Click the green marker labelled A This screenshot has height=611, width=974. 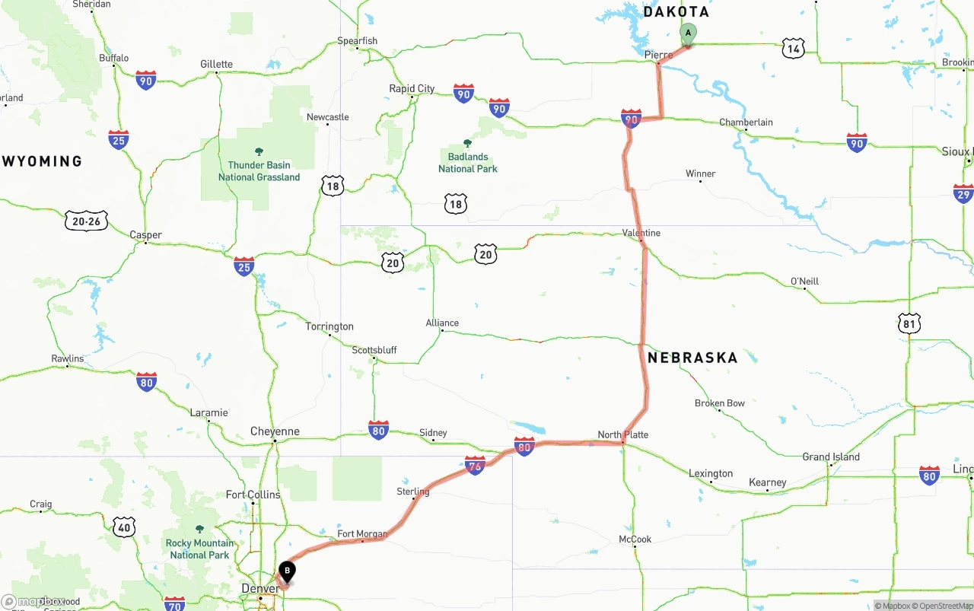(688, 33)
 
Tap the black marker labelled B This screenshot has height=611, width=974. (287, 570)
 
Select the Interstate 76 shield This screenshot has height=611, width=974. (475, 465)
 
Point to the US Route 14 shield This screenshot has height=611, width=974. (793, 49)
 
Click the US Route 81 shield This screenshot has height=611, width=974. (909, 323)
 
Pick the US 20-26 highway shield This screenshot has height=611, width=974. (86, 221)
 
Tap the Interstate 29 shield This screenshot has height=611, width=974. (963, 193)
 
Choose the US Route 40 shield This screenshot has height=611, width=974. (124, 526)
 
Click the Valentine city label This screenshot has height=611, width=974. (641, 233)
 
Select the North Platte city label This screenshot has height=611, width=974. (622, 435)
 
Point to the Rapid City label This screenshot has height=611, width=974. (412, 89)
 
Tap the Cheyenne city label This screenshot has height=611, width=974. (275, 431)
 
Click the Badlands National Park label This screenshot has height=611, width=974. (467, 163)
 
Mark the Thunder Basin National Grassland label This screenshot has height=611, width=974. (259, 171)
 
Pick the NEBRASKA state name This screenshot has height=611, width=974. (692, 358)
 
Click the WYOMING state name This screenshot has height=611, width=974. (43, 161)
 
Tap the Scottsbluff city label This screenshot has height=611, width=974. (374, 351)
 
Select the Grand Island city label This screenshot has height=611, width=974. (831, 457)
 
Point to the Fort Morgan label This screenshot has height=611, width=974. (362, 534)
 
